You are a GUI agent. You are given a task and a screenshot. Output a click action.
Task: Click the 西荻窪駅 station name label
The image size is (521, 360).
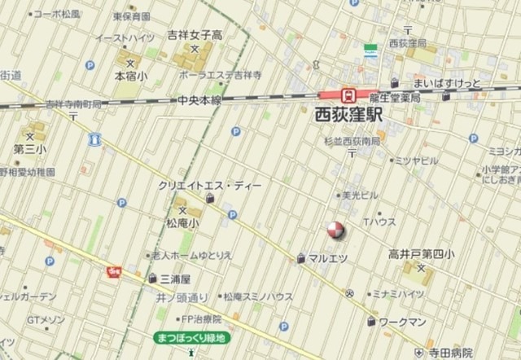click(x=348, y=116)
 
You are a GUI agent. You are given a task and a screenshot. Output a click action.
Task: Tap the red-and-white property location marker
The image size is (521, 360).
click(x=336, y=230)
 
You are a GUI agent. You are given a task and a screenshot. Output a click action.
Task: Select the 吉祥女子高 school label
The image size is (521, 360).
click(x=195, y=35)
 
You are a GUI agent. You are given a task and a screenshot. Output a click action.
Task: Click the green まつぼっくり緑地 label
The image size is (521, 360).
click(x=192, y=337)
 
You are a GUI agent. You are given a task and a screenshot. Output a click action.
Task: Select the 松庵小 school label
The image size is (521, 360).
click(x=183, y=222)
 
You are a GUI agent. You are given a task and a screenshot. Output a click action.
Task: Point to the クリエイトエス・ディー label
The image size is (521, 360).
click(x=211, y=186)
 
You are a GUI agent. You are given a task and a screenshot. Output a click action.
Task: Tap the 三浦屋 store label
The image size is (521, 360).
click(x=165, y=278)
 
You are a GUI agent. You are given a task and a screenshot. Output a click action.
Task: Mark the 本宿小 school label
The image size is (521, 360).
click(x=130, y=75)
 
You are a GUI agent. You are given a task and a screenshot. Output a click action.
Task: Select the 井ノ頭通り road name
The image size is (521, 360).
click(x=182, y=297)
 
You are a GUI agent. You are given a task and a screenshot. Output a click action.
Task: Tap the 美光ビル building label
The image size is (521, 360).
click(x=359, y=195)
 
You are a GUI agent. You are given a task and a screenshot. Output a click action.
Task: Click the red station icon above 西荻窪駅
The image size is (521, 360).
click(x=348, y=94)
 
